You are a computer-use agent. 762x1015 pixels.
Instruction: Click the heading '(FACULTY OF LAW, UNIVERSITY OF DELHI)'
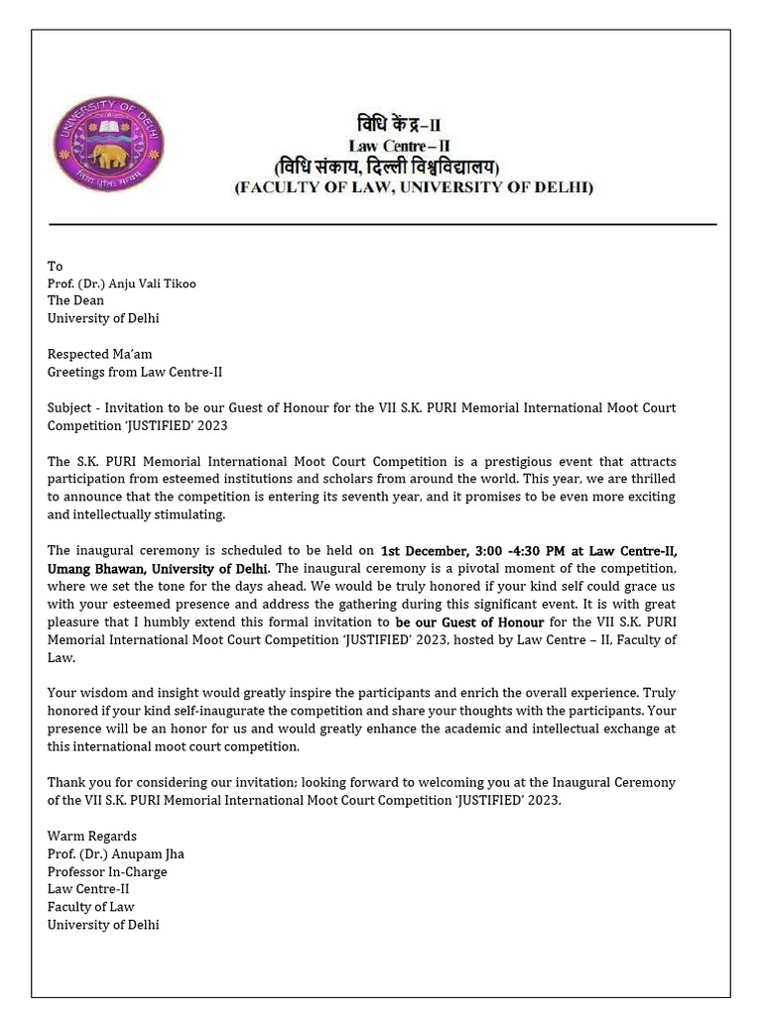coord(414,186)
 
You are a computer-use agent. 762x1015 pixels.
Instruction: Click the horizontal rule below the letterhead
coord(382,225)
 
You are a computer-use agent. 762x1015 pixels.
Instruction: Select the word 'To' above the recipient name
coord(55,266)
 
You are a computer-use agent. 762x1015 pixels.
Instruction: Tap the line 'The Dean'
coord(75,300)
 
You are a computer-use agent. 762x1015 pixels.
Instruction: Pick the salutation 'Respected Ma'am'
coord(100,354)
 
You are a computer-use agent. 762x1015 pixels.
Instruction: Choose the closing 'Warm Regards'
coord(92,836)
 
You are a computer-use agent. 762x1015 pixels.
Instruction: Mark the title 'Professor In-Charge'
coord(107,871)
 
